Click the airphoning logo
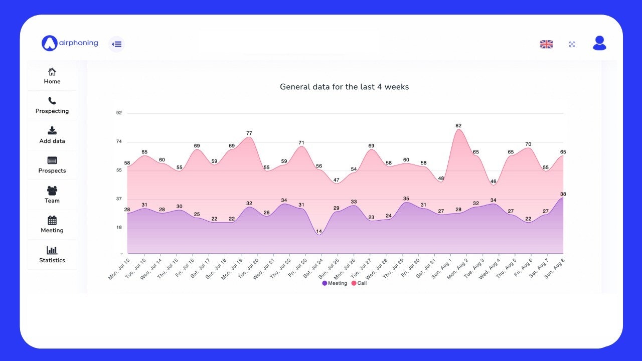70,43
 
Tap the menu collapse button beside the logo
116,44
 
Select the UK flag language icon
546,44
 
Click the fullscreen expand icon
572,44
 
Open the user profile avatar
599,43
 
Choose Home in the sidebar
52,76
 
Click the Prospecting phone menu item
52,105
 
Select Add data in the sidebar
52,135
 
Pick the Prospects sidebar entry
52,165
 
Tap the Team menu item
52,195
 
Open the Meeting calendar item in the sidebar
52,225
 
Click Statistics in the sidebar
52,255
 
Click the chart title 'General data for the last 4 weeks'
344,87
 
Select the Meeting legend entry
335,283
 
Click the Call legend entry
359,283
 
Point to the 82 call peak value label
458,125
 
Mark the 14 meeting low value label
319,232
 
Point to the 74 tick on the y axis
119,141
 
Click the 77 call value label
249,133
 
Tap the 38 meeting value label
563,194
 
